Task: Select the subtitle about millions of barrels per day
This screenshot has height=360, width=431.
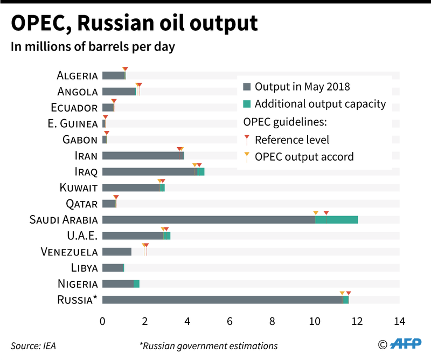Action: [93, 47]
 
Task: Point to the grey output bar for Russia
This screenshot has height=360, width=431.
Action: [221, 300]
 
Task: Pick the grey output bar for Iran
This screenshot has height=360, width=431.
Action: [142, 156]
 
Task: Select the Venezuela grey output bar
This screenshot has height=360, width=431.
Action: [116, 252]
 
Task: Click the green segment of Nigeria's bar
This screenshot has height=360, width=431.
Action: [136, 284]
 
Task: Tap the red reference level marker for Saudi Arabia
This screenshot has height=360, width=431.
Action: [326, 213]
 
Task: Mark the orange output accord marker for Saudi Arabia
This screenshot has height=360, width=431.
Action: [316, 213]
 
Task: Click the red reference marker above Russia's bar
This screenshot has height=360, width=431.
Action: [349, 293]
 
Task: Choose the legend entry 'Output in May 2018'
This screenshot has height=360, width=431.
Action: [302, 87]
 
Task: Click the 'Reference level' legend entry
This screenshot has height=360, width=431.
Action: [291, 140]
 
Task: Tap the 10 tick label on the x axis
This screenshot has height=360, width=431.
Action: [314, 322]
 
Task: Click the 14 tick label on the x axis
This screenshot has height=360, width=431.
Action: [399, 322]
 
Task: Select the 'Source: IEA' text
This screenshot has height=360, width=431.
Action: [33, 345]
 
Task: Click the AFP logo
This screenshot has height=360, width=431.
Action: [407, 344]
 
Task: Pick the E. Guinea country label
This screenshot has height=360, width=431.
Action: [73, 124]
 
